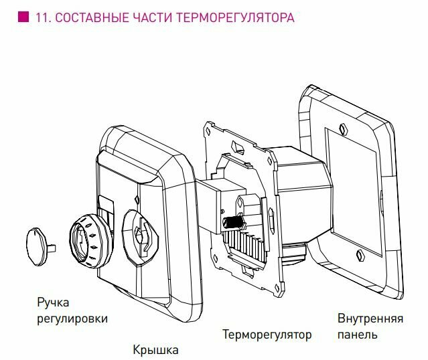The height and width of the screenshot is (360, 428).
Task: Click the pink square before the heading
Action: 22,17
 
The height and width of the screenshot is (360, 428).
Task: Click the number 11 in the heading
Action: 40,17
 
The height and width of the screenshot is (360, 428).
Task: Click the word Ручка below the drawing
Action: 53,303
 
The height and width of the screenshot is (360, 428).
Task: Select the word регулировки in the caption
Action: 72,319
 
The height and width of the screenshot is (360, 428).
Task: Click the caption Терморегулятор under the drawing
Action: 267,334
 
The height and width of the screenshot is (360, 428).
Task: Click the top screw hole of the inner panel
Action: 342,128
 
